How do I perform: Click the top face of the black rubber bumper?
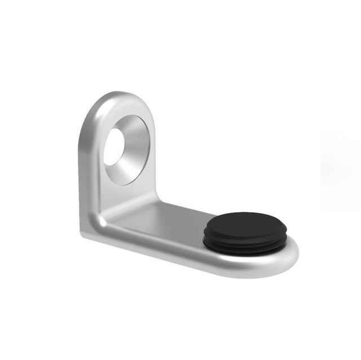click(x=246, y=223)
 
